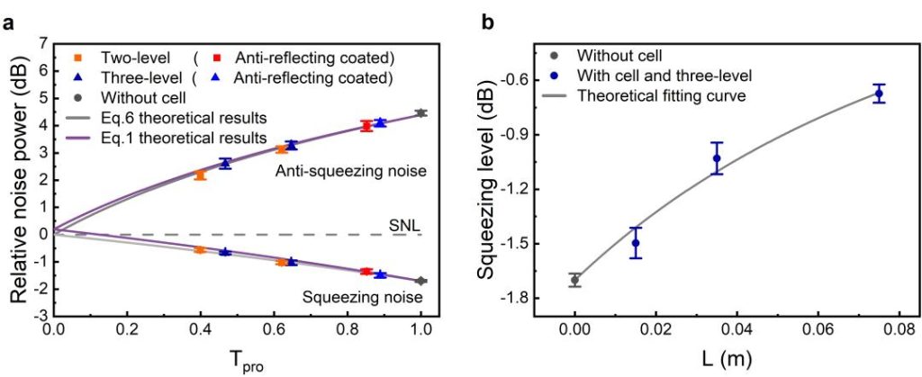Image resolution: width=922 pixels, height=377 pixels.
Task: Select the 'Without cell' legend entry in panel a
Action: [x=144, y=97]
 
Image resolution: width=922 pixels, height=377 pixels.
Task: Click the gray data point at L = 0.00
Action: [x=574, y=280]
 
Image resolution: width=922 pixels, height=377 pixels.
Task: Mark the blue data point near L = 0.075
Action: [x=879, y=93]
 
